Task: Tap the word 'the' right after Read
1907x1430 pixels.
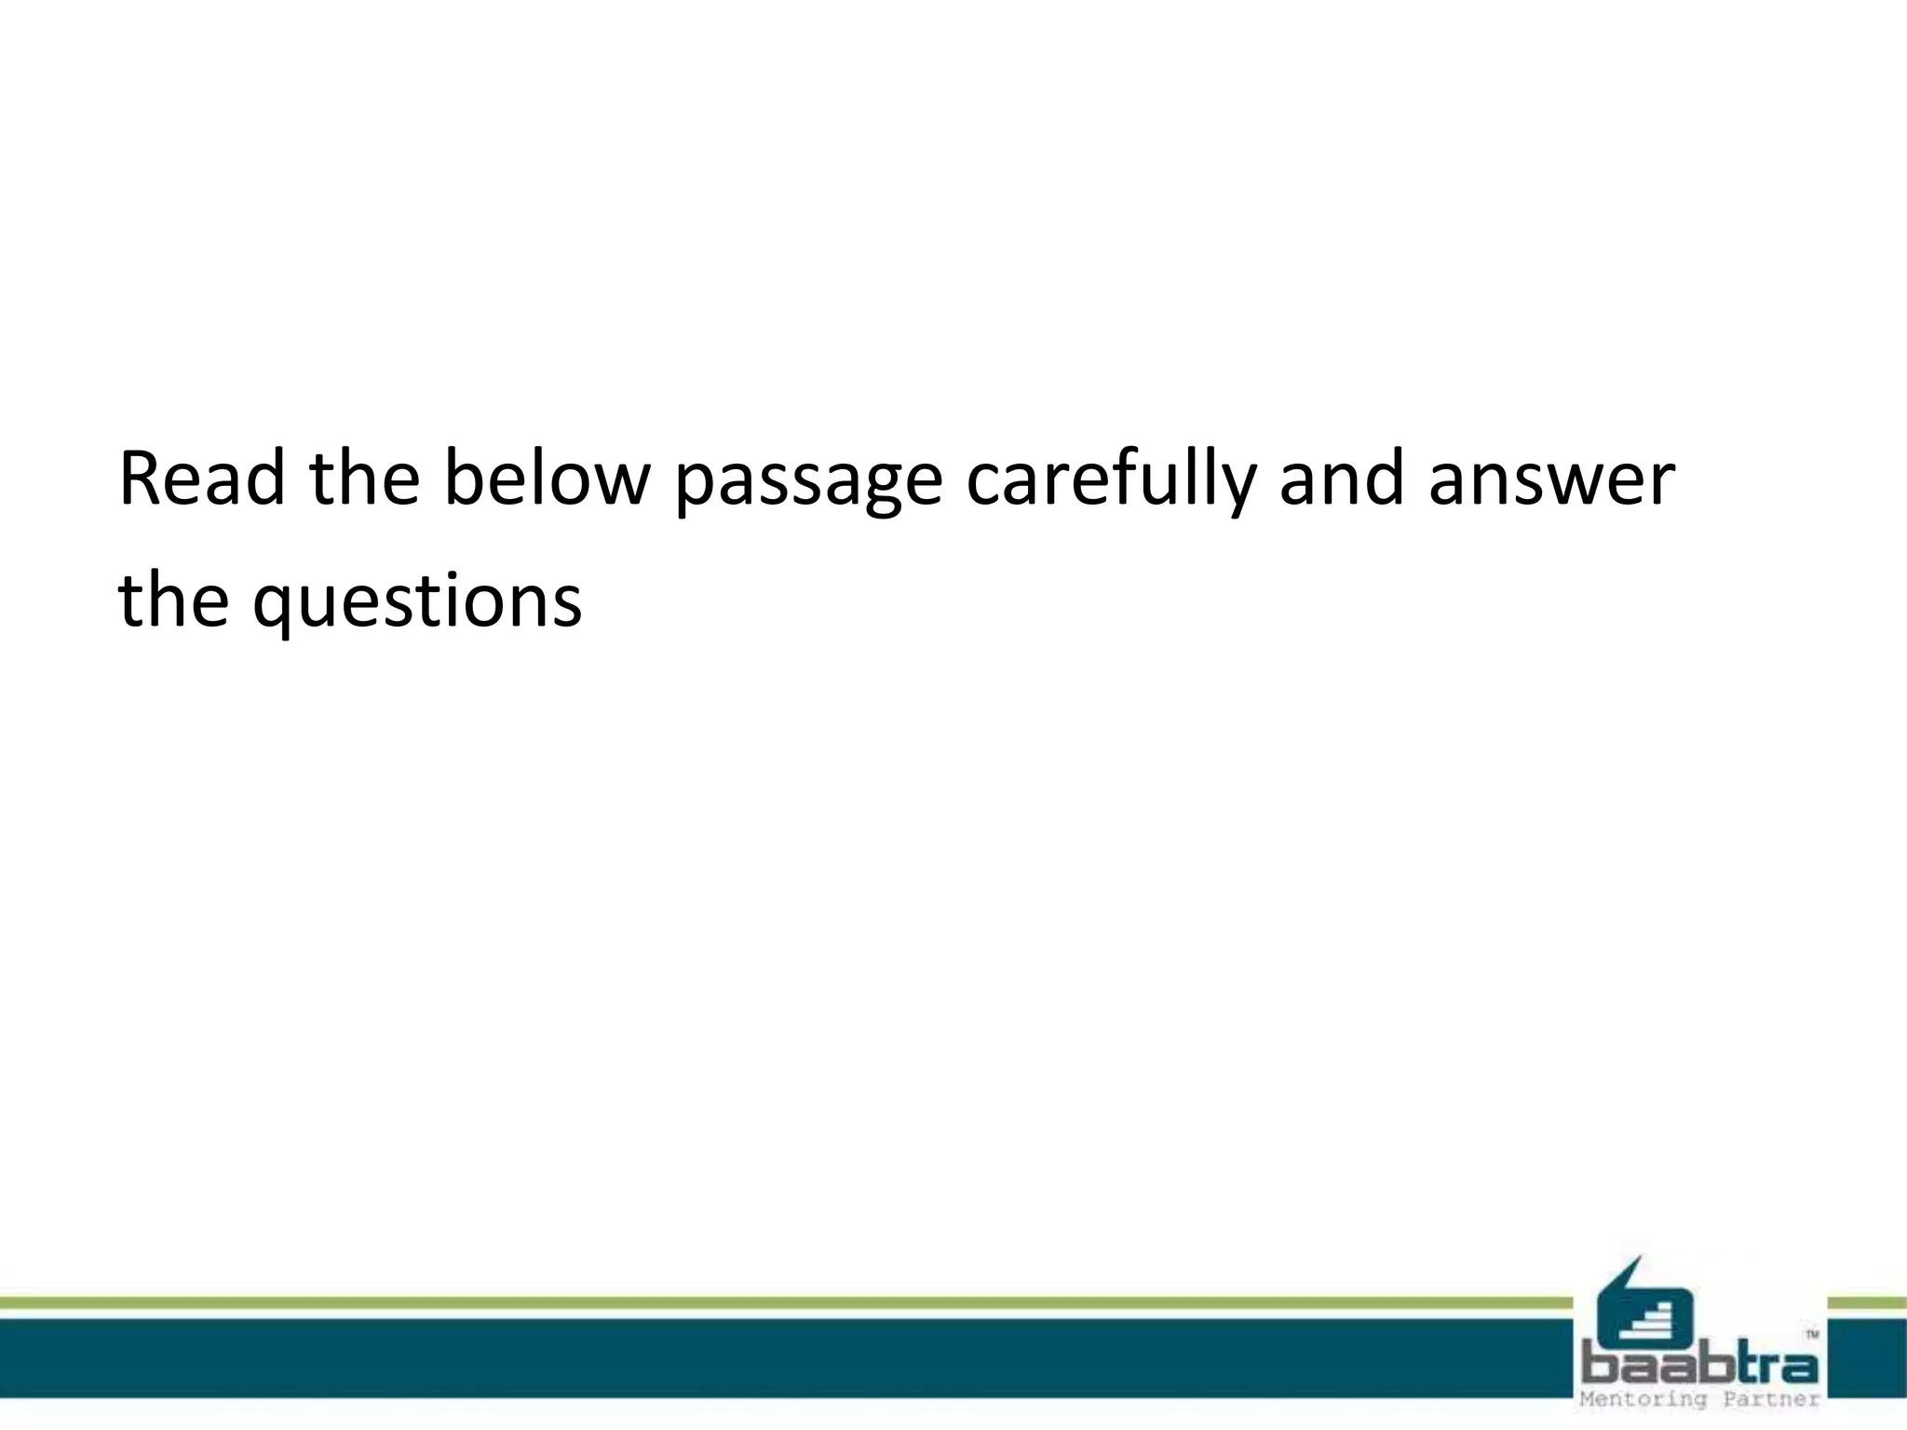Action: coord(364,479)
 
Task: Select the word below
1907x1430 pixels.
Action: coord(545,479)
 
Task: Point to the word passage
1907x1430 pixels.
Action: coord(808,484)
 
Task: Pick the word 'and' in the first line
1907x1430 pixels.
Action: coord(1341,479)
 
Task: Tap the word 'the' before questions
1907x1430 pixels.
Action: coord(173,600)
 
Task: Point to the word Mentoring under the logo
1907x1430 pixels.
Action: coord(1643,1399)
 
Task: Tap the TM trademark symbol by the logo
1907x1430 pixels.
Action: coord(1812,1334)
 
